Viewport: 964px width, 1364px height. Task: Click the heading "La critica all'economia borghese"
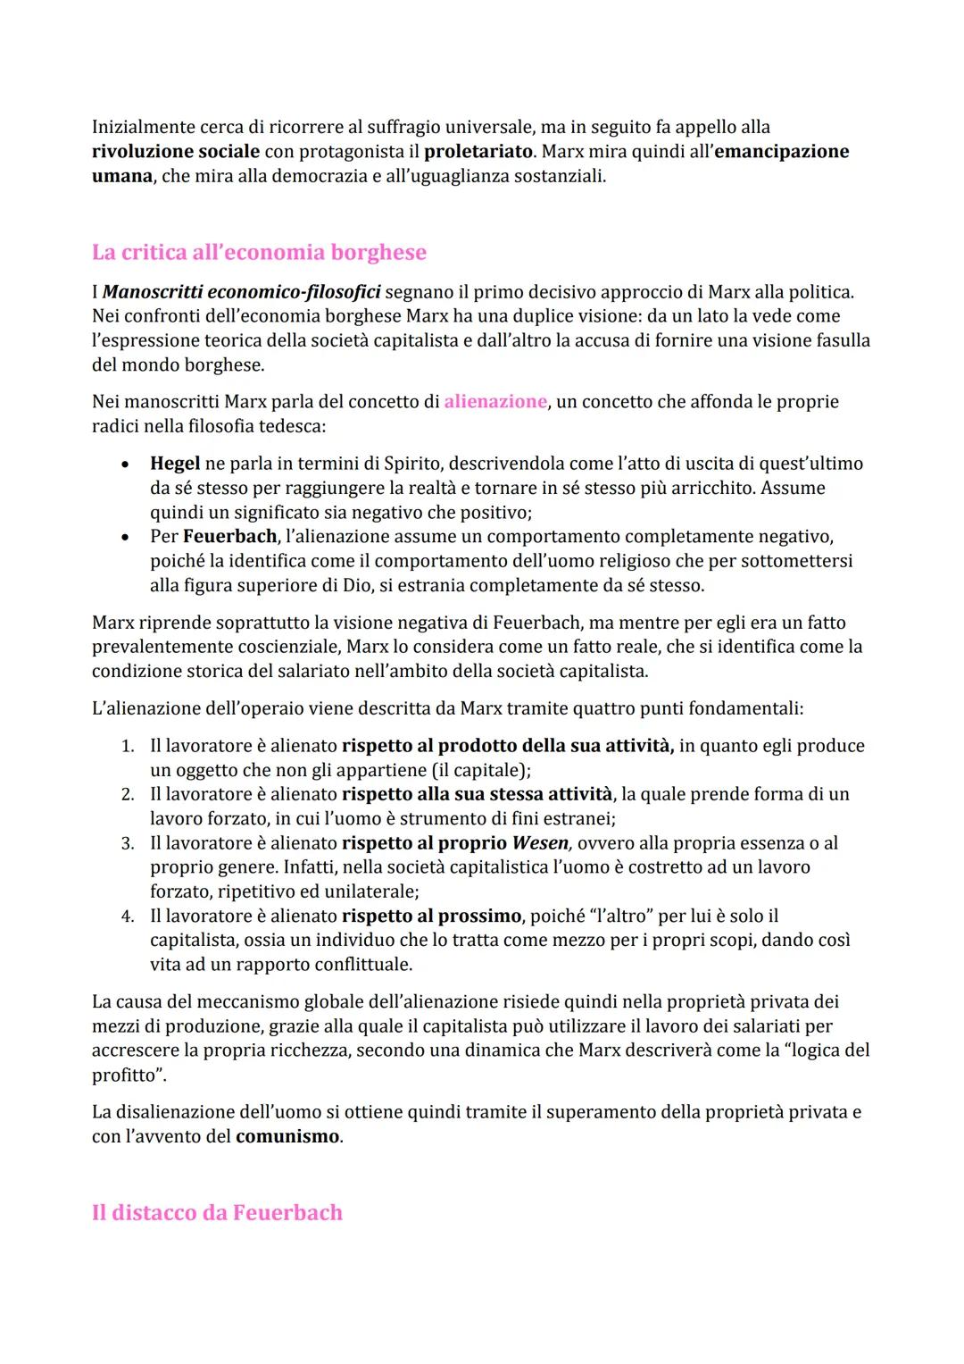pyautogui.click(x=259, y=253)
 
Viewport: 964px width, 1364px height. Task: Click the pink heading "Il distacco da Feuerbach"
pyautogui.click(x=217, y=1213)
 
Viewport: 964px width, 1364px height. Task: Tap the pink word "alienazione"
pyautogui.click(x=495, y=402)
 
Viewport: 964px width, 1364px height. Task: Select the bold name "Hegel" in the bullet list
pyautogui.click(x=175, y=464)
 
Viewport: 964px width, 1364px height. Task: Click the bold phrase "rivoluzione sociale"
pyautogui.click(x=176, y=152)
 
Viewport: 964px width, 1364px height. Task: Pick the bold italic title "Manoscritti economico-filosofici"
pyautogui.click(x=242, y=292)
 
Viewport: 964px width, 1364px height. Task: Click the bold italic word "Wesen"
pyautogui.click(x=540, y=843)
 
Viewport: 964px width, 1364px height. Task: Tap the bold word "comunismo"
pyautogui.click(x=287, y=1137)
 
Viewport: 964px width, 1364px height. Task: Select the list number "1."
pyautogui.click(x=128, y=746)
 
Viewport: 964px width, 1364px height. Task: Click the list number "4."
pyautogui.click(x=128, y=916)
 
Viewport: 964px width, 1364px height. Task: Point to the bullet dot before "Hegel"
pyautogui.click(x=128, y=464)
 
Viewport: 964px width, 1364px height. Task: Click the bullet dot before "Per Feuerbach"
pyautogui.click(x=128, y=537)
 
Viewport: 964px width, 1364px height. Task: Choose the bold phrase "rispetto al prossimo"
pyautogui.click(x=431, y=916)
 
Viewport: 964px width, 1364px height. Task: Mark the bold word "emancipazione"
pyautogui.click(x=782, y=152)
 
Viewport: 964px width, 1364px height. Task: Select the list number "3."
pyautogui.click(x=128, y=843)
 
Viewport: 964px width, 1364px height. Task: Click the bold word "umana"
pyautogui.click(x=121, y=176)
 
